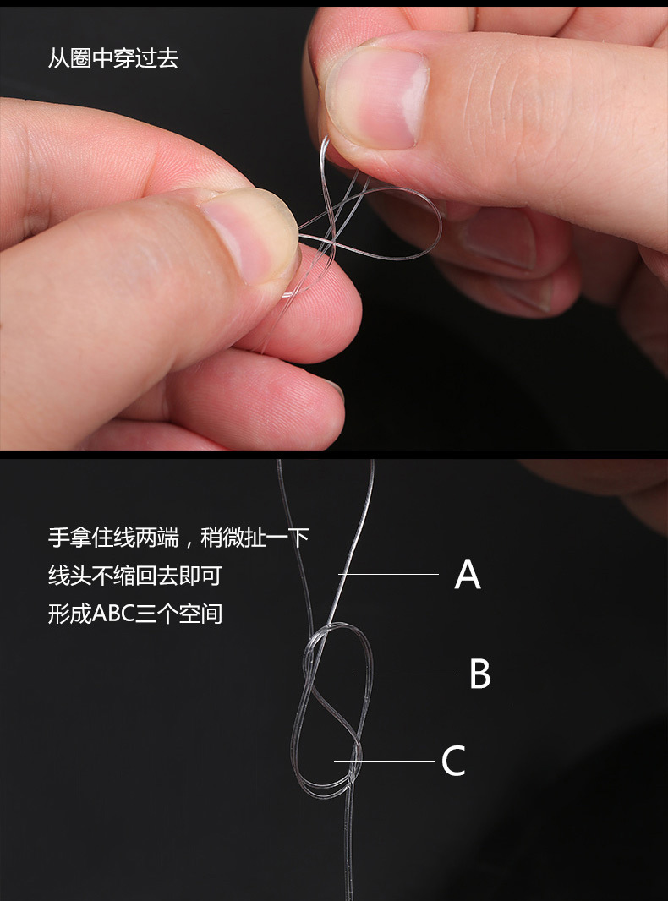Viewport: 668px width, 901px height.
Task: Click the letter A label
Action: [468, 576]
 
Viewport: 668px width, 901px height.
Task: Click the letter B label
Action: [479, 674]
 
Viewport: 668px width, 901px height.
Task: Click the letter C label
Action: [453, 762]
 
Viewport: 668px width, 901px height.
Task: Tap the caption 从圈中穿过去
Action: [113, 59]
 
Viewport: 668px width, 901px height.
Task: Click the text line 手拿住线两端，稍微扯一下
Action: [178, 538]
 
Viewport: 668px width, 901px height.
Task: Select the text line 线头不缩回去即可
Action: [135, 576]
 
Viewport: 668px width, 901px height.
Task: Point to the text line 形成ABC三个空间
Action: [135, 613]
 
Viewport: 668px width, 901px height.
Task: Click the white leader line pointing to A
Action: [389, 575]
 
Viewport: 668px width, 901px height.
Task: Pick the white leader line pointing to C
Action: [385, 761]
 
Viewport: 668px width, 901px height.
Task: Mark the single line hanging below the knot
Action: [348, 845]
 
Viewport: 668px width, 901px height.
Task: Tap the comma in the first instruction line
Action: [188, 541]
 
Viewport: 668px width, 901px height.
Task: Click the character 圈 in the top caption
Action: [80, 59]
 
